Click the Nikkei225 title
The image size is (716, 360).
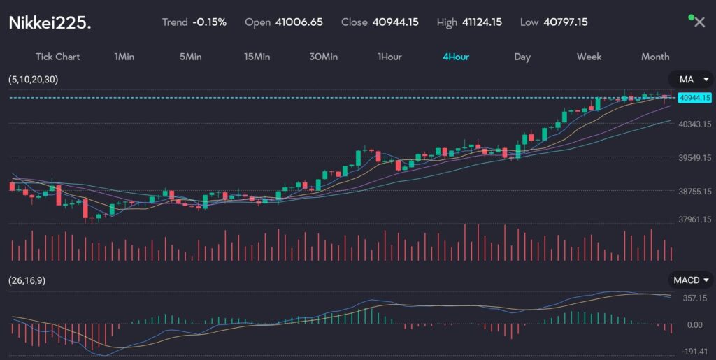tap(50, 22)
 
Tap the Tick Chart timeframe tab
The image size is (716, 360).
tap(57, 57)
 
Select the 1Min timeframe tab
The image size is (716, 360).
tap(124, 57)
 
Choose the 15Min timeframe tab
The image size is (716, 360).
tap(257, 57)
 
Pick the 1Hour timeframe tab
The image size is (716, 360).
tap(389, 57)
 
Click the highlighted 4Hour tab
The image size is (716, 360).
tap(456, 57)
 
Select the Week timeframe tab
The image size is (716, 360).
tap(588, 57)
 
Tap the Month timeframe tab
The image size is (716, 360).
tap(655, 57)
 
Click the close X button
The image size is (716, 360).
tap(699, 22)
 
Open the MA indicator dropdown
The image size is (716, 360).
tap(690, 80)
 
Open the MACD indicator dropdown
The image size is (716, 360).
tap(690, 280)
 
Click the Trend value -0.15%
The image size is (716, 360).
tap(210, 22)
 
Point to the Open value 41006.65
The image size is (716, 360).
tap(299, 22)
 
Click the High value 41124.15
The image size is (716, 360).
tap(482, 22)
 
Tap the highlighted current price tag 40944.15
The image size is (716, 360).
tap(694, 98)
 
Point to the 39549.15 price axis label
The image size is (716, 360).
tap(694, 158)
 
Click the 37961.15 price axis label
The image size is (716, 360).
tap(694, 219)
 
